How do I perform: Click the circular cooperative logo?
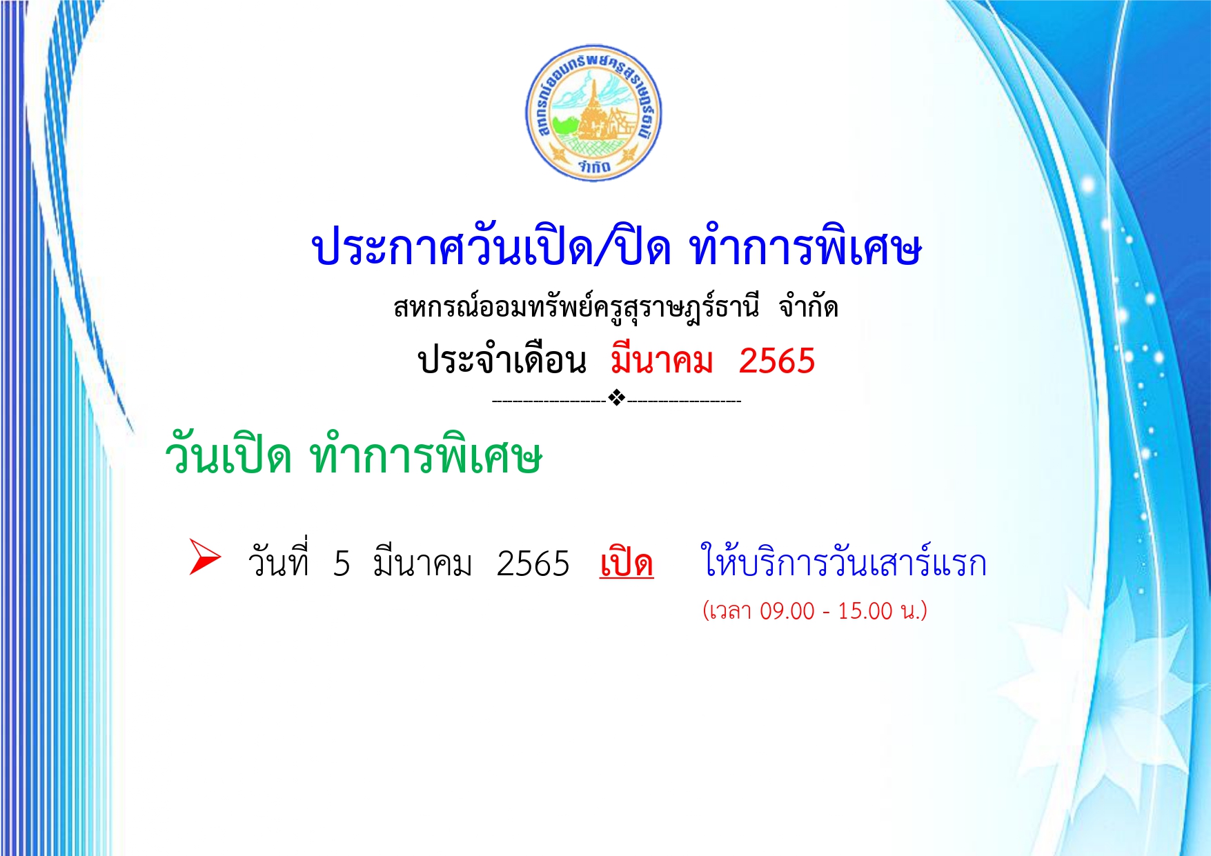pos(593,113)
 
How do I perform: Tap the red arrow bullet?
pos(205,557)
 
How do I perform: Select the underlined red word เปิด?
pos(626,562)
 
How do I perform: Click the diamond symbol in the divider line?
pos(617,398)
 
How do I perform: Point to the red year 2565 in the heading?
pos(777,361)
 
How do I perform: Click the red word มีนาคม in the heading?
pos(661,359)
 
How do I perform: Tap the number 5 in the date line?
pos(342,564)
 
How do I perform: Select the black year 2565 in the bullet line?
pos(533,564)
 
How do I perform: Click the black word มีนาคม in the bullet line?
pos(422,562)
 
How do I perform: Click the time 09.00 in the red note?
pos(787,611)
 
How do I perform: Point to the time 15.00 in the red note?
pos(865,611)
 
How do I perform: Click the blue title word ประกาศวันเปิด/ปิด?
pos(491,245)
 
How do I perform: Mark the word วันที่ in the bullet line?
pos(278,560)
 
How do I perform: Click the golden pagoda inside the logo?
pos(592,110)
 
